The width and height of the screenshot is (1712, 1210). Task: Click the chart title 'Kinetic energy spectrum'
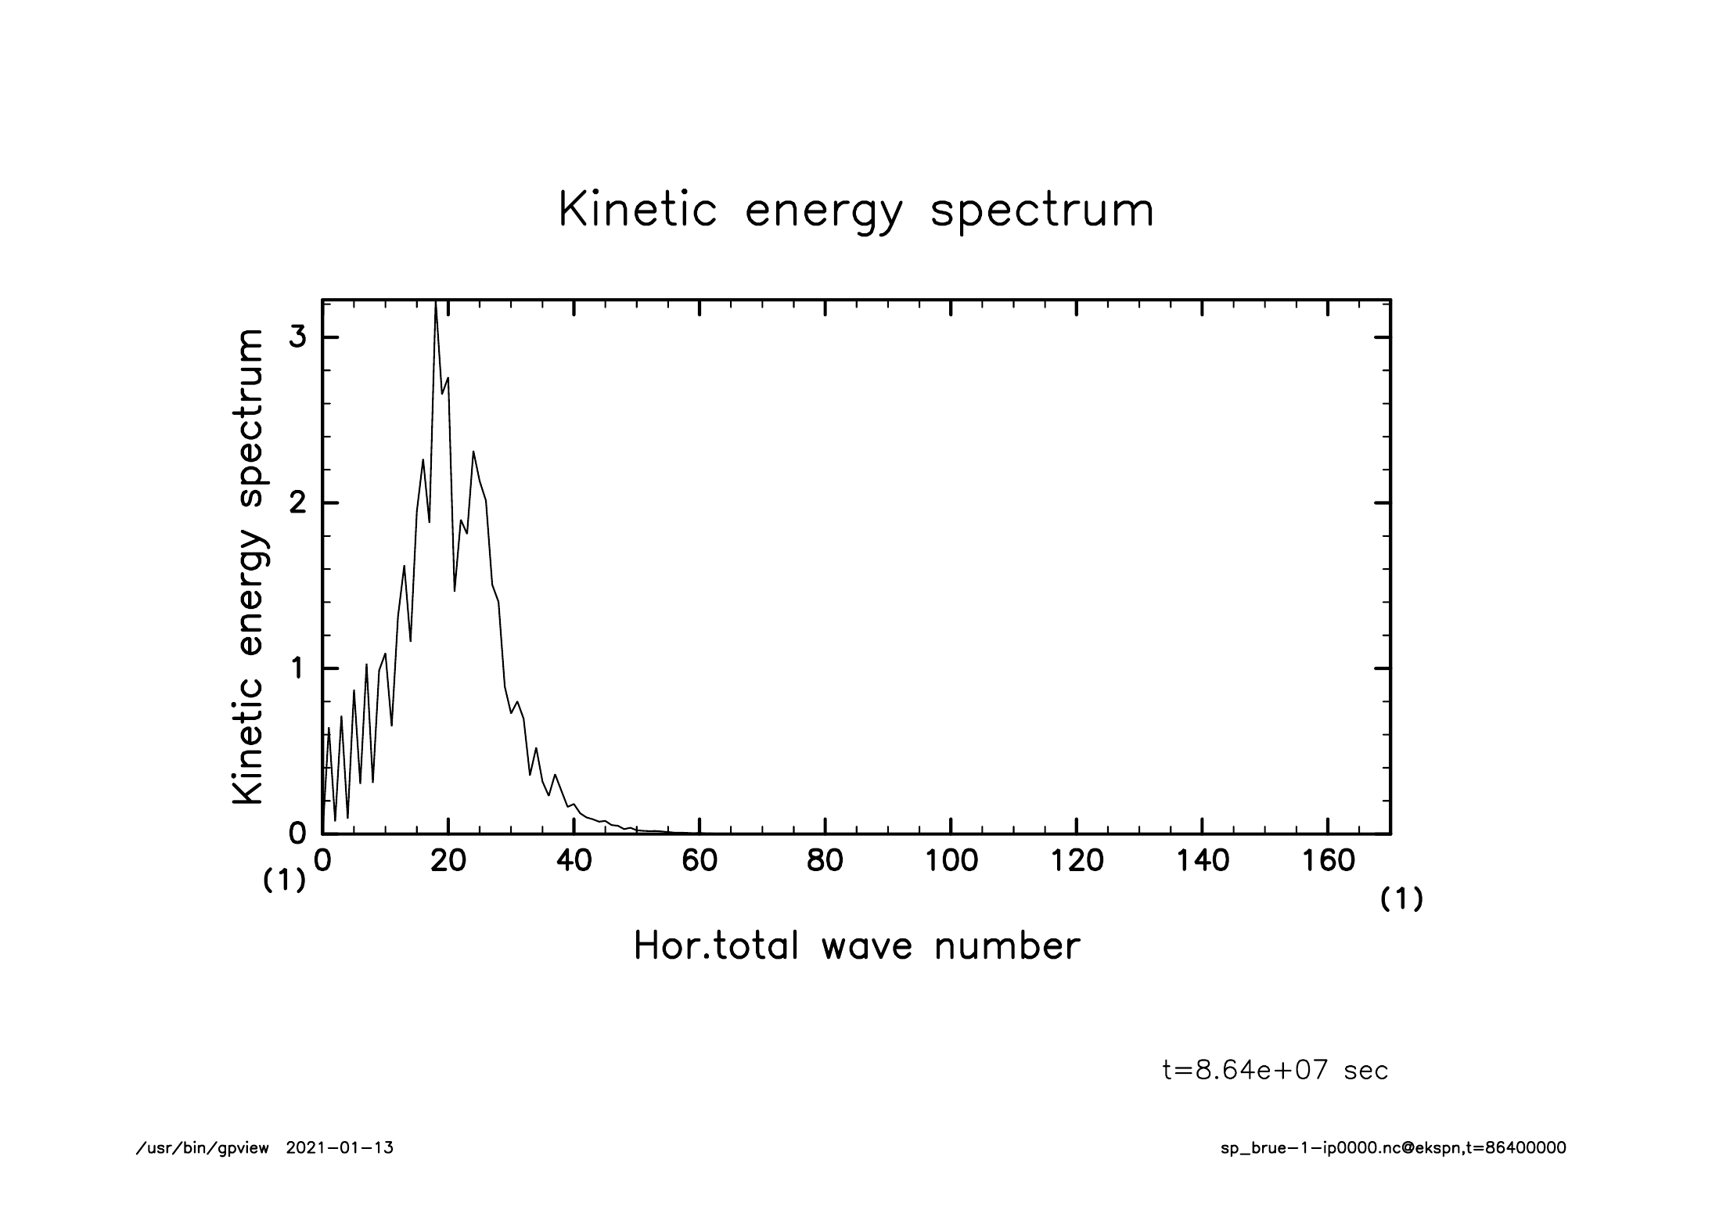point(856,211)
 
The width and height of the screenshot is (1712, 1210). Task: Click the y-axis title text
point(249,567)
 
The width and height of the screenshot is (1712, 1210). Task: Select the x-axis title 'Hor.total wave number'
point(856,945)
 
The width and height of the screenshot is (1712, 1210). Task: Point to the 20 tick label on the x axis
point(448,861)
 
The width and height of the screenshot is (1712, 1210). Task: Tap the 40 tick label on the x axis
point(574,861)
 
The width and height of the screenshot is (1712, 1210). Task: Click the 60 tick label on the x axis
point(700,861)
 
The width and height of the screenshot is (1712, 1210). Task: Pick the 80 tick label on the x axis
point(825,861)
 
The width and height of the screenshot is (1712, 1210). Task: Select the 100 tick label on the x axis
point(951,861)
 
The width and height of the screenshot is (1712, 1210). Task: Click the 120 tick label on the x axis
point(1077,861)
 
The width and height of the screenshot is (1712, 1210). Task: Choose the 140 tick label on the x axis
point(1202,861)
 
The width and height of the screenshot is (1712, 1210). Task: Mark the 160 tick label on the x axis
point(1328,861)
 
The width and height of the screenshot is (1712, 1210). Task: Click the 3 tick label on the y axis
point(297,337)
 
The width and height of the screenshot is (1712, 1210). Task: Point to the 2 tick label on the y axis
point(297,502)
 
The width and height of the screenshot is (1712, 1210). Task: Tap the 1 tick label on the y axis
point(297,668)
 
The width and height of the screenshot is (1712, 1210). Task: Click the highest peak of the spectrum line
point(436,305)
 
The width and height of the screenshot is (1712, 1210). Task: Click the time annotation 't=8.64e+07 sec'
point(1275,1070)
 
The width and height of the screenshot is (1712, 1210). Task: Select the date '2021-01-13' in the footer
point(340,1149)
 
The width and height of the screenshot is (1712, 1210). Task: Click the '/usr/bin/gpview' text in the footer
point(203,1149)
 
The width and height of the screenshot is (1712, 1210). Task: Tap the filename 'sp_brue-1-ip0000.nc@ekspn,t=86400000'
point(1393,1149)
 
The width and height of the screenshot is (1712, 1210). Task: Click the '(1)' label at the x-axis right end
point(1401,900)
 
